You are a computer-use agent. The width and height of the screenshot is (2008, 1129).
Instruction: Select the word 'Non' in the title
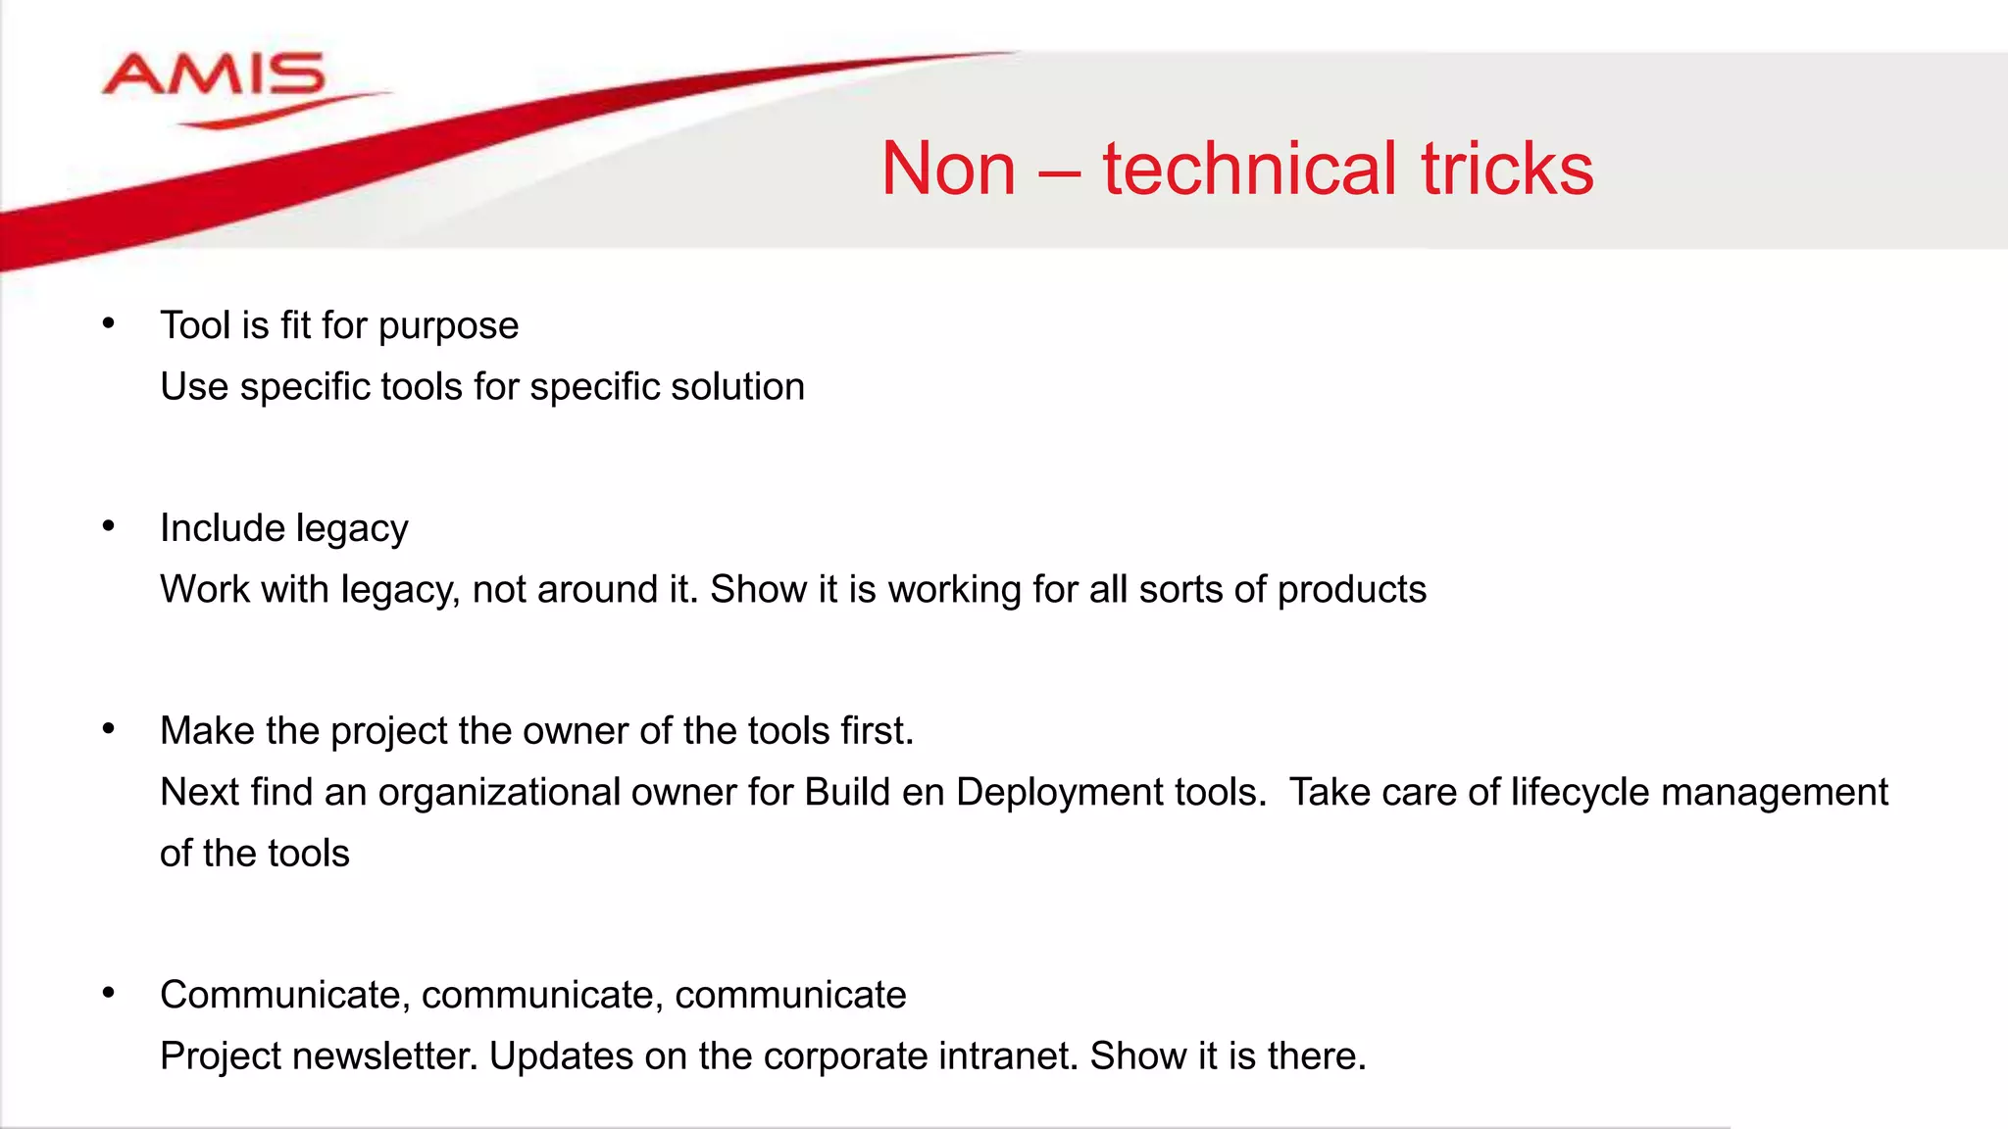pos(948,169)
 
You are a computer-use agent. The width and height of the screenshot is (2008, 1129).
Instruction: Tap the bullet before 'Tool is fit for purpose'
pos(109,322)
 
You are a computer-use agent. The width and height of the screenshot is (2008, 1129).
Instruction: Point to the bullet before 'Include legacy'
pos(109,526)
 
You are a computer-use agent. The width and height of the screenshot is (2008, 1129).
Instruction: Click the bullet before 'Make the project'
pos(109,728)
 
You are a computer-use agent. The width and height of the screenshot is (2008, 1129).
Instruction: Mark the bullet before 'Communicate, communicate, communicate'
pos(109,993)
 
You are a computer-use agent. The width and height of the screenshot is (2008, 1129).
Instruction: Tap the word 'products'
pos(1352,590)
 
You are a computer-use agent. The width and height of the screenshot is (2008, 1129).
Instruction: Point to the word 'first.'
pos(877,730)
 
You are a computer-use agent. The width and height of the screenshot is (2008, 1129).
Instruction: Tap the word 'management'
pos(1775,792)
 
